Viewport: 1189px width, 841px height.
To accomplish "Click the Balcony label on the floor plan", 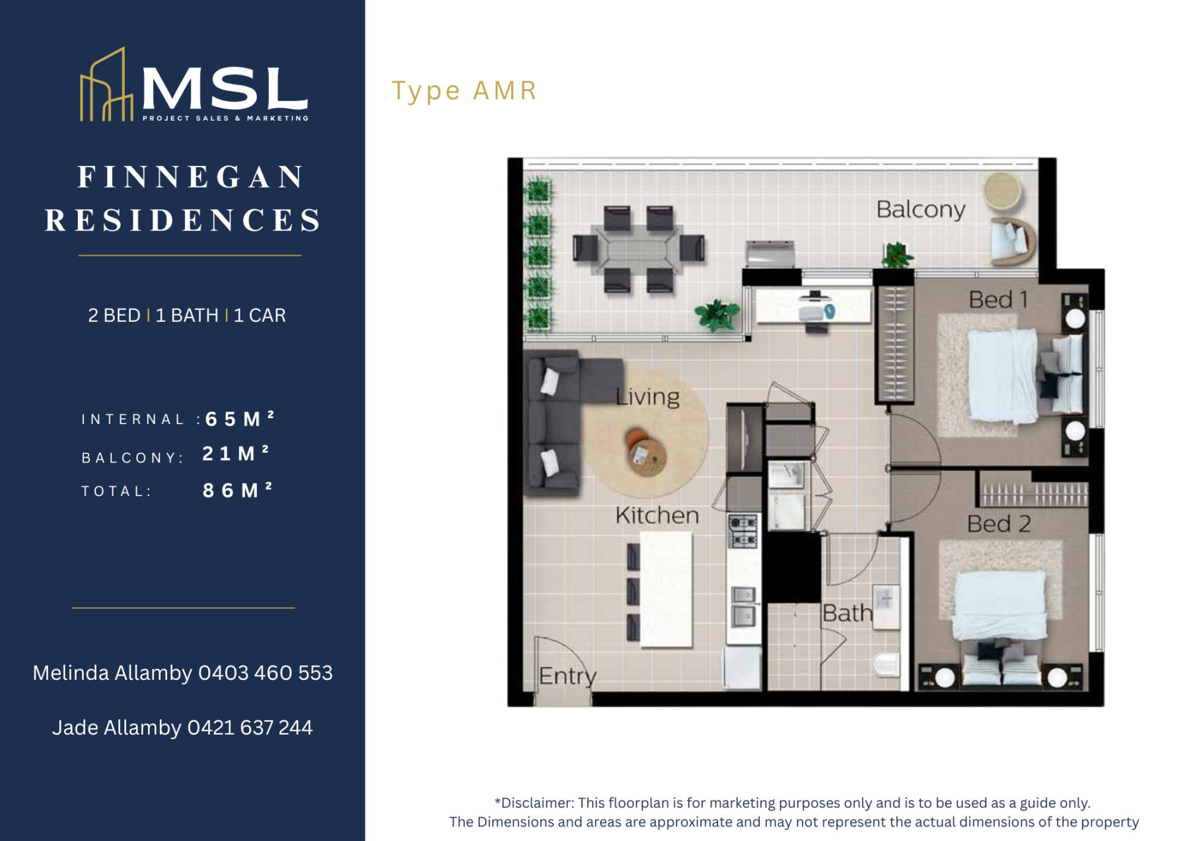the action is point(920,210).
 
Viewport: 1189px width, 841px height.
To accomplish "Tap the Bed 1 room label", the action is point(998,299).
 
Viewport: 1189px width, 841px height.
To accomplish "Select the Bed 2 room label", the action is point(998,524).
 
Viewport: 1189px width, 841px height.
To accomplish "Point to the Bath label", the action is point(847,613).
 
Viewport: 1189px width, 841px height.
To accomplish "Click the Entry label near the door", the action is point(567,676).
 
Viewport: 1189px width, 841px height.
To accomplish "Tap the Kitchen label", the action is point(657,515).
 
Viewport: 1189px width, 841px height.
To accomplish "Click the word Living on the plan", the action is point(647,396).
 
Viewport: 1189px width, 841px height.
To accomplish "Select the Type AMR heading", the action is point(464,91).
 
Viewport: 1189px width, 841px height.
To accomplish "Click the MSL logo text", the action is point(225,89).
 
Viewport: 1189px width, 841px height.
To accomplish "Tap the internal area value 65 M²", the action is point(240,419).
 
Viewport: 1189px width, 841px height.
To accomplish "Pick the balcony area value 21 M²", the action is point(236,453).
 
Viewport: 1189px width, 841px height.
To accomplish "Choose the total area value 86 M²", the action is point(237,490).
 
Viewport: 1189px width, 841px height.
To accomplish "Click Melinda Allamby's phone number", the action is point(266,673).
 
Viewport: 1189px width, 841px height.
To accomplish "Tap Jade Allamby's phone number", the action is point(250,727).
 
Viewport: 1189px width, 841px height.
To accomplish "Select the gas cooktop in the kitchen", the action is point(743,532).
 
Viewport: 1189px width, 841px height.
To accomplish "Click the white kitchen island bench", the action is point(666,589).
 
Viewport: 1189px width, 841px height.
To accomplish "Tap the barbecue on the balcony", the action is point(770,254).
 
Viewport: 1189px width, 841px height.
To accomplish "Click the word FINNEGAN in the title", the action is point(191,177).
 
